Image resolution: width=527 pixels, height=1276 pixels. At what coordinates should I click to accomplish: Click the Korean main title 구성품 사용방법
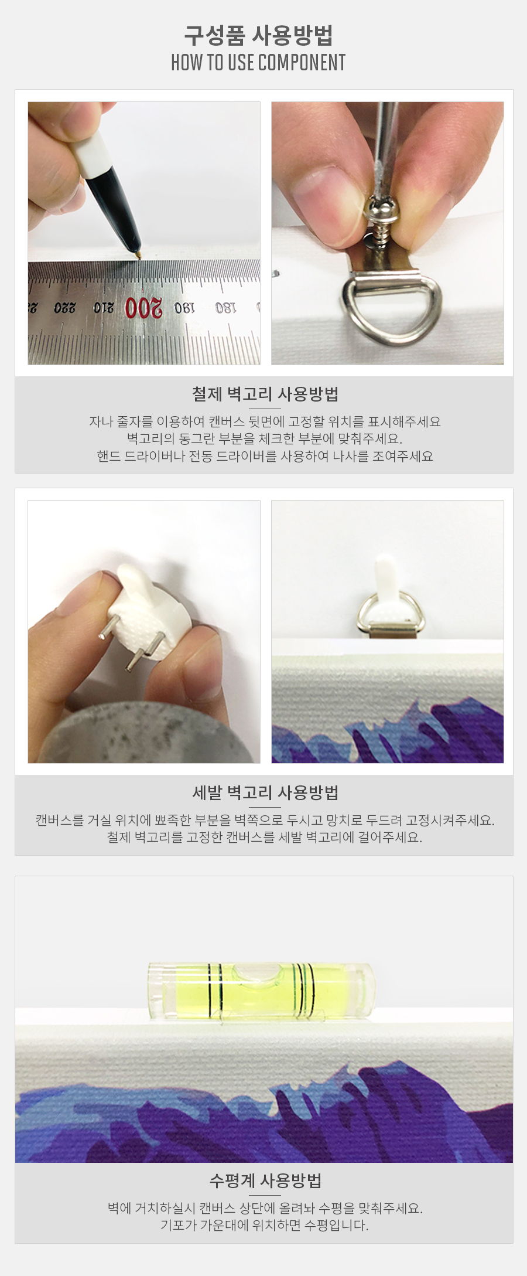(258, 35)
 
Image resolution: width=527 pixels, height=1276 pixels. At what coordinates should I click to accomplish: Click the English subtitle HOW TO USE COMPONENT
(258, 62)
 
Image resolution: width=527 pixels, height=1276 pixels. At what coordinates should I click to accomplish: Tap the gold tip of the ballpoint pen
(138, 255)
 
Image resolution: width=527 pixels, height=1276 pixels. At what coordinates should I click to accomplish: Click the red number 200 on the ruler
(143, 308)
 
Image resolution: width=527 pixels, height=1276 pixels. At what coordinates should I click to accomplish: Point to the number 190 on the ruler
(184, 308)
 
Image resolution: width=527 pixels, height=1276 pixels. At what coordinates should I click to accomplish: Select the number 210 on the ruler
(103, 308)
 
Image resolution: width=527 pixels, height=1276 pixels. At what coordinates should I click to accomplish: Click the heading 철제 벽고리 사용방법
(265, 394)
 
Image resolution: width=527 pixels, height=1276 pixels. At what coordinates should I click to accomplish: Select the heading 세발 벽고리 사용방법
(265, 792)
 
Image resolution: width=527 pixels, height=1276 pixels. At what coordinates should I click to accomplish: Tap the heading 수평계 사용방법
(265, 1180)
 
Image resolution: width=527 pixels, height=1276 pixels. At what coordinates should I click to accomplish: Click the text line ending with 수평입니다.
(265, 1225)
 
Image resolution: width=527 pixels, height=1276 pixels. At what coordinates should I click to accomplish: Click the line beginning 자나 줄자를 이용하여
(265, 421)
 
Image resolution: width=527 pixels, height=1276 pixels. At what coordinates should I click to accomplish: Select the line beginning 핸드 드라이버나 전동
(265, 456)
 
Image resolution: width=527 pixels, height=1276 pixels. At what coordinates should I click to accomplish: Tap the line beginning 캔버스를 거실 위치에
(265, 820)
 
